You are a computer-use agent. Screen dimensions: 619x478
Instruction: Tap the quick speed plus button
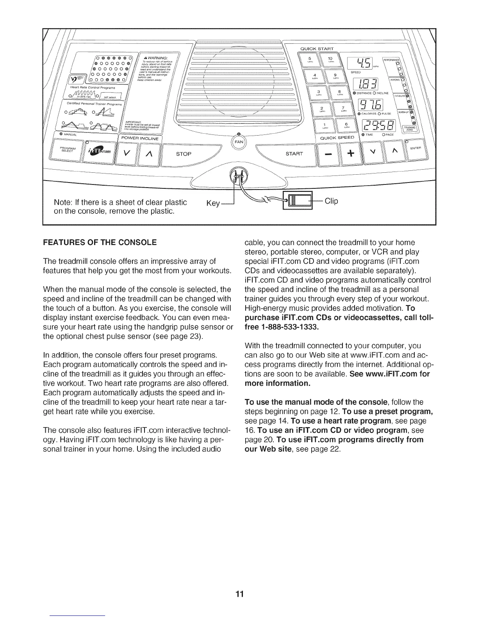(x=349, y=154)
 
